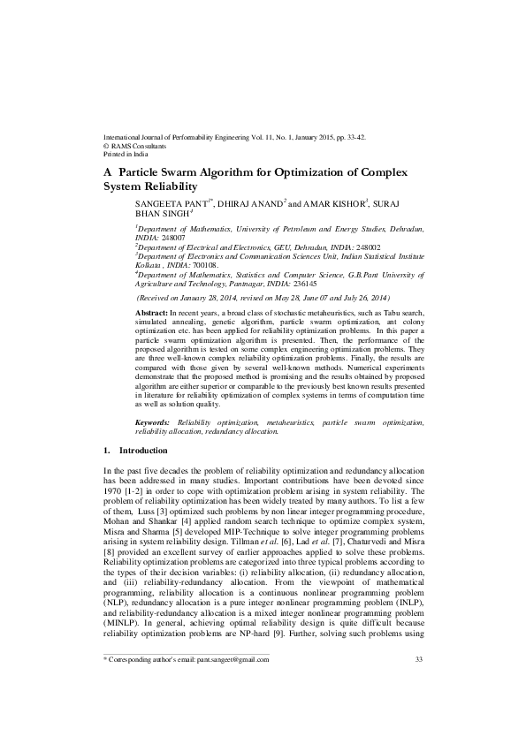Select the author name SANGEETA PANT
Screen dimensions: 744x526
tap(167, 203)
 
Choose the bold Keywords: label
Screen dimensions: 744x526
tap(156, 424)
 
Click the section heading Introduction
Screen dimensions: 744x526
tap(143, 451)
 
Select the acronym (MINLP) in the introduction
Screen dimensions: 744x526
tap(123, 622)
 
